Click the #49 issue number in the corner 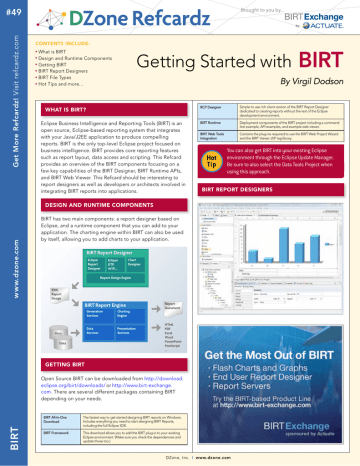pyautogui.click(x=11, y=9)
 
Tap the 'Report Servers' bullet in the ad pyautogui.click(x=273, y=388)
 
